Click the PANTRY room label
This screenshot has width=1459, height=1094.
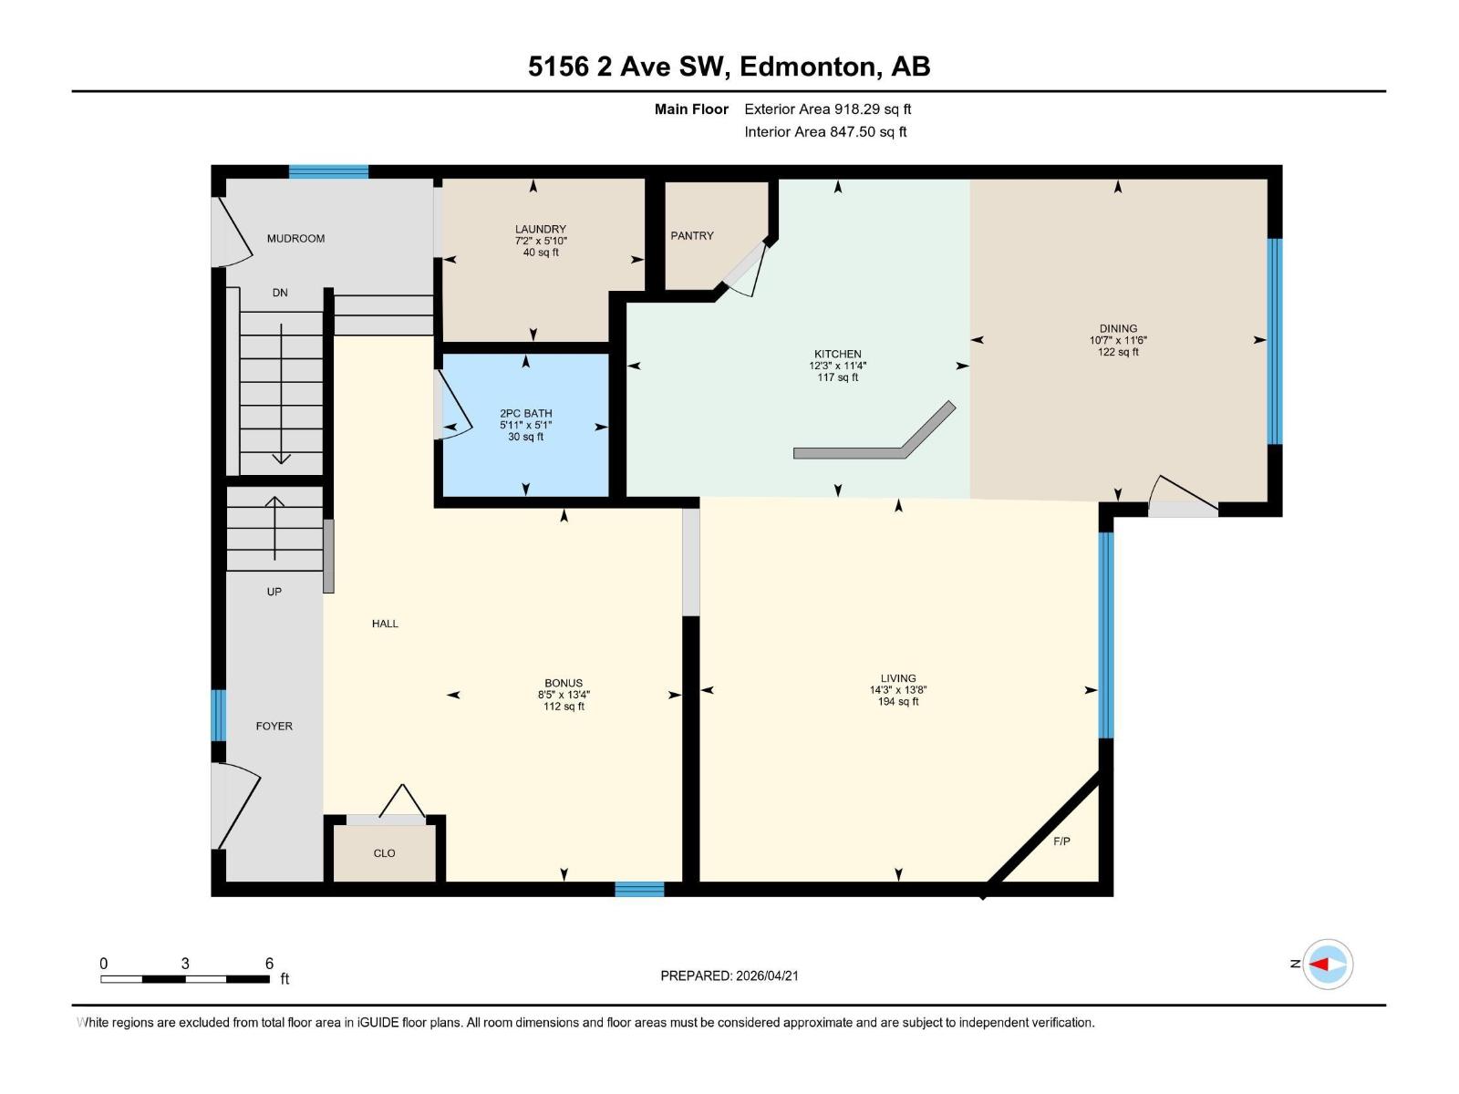692,235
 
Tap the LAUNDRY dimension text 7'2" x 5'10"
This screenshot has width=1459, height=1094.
541,241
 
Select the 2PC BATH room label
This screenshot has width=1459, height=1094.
526,413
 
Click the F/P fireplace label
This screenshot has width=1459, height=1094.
1061,841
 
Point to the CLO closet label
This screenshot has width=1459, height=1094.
384,853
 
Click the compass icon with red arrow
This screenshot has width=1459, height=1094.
1327,964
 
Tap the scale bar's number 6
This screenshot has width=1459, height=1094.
269,963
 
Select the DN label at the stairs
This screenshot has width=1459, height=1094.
280,293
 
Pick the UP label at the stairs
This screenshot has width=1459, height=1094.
274,592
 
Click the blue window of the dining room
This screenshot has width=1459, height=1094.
1275,341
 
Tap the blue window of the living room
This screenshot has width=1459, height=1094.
1105,635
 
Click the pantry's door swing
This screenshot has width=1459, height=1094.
746,273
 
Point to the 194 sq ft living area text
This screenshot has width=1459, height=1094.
897,701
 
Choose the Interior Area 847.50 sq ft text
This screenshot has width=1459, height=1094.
825,131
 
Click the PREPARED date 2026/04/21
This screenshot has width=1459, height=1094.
766,975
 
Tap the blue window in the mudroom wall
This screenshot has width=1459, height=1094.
328,171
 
